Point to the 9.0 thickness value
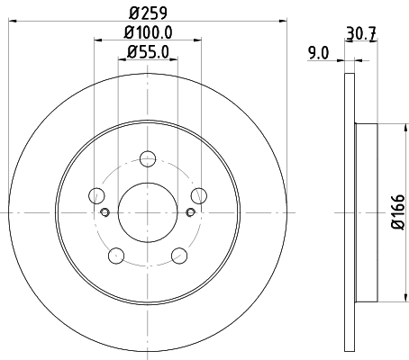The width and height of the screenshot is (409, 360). coord(318,53)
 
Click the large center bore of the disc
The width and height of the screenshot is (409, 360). coord(147,211)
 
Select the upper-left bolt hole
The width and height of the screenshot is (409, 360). coord(96,195)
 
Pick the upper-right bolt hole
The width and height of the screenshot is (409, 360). coord(197,195)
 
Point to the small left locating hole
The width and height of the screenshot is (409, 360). coord(105,212)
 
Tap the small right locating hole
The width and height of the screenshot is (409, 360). coord(189,212)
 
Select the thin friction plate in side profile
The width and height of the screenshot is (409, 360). coord(348,211)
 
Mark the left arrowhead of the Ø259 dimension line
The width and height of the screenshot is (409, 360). coord(12,20)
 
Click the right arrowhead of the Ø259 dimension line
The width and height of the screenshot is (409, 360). coord(281,20)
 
